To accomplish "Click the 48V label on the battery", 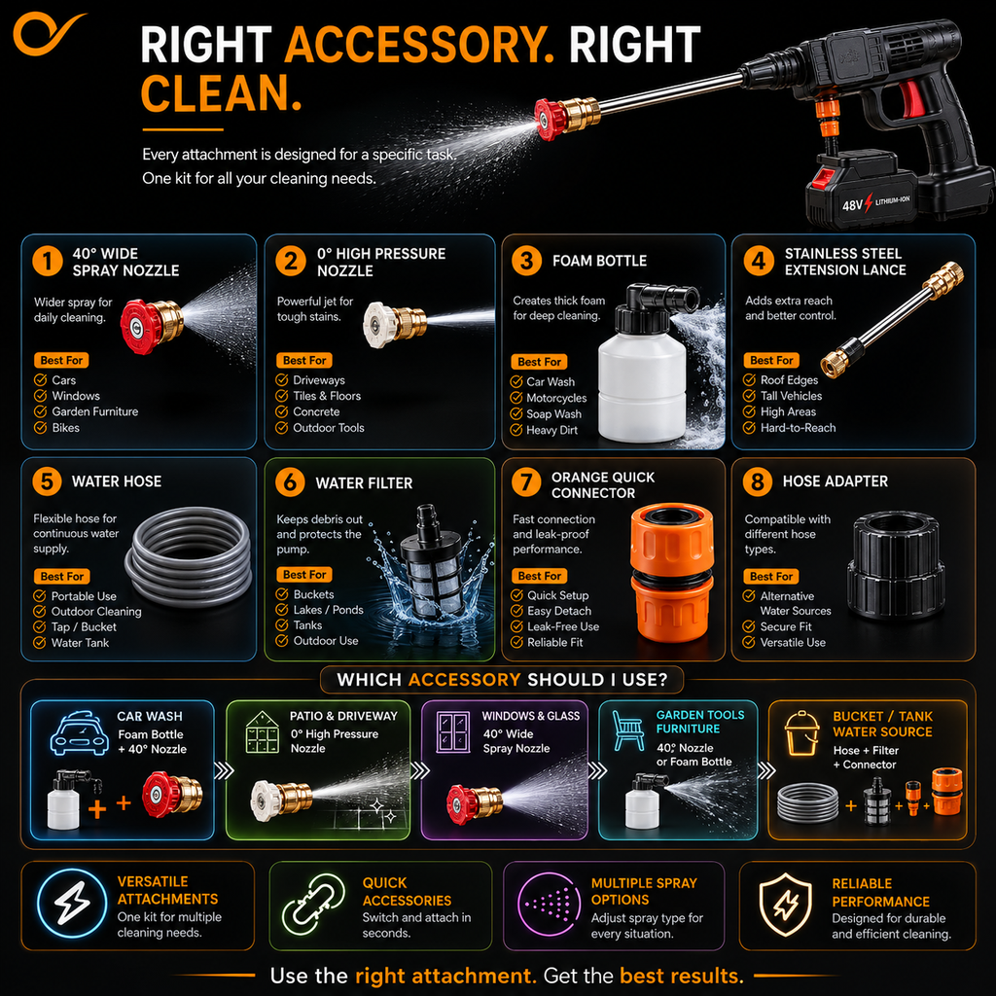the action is [x=852, y=205].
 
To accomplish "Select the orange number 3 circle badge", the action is [x=526, y=261].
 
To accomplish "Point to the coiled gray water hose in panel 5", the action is [x=190, y=556].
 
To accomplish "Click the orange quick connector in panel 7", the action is [x=671, y=572].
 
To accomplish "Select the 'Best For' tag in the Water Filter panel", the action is [x=304, y=574].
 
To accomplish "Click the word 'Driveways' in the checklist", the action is [x=319, y=380].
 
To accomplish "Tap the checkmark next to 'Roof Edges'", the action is [x=750, y=380].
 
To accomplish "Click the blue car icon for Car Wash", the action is [x=80, y=733].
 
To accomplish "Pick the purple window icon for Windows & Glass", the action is [x=453, y=731].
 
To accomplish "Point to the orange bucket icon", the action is [x=801, y=733].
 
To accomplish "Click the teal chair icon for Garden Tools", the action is [x=628, y=730].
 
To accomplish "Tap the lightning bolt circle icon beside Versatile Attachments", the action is [x=72, y=904].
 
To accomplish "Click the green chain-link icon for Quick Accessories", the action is [x=313, y=905].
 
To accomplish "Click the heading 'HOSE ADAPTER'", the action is [x=835, y=481].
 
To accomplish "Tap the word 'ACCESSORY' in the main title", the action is [x=419, y=45].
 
